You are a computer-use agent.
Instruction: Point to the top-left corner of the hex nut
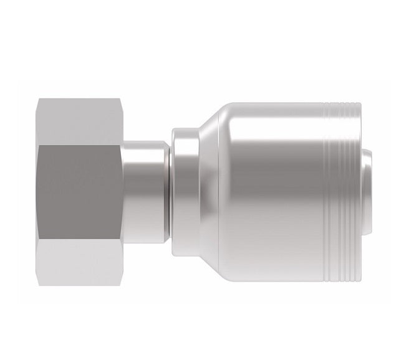38,98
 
